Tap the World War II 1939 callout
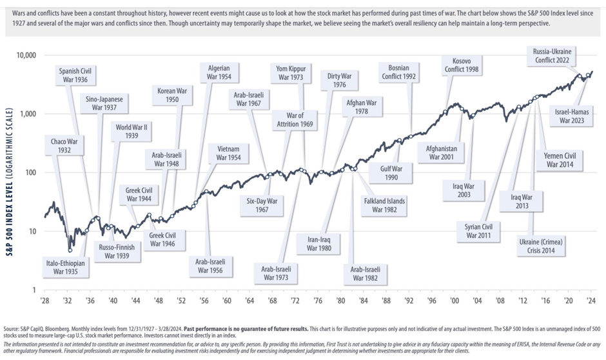131,132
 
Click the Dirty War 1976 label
342,79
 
